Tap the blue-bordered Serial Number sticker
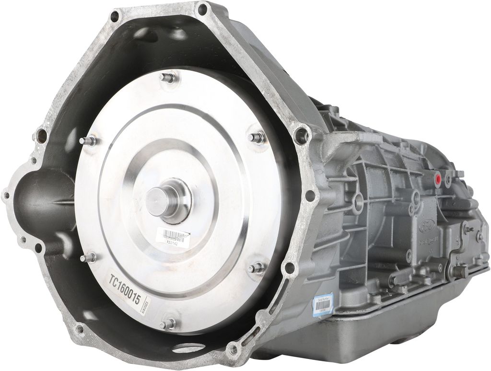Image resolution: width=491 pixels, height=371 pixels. click(323, 305)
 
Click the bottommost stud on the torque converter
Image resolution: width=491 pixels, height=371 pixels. click(169, 324)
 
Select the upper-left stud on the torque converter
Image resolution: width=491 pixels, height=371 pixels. click(90, 141)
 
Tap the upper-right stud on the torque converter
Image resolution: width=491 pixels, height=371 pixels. click(257, 138)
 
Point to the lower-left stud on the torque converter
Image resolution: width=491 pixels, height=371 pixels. click(88, 257)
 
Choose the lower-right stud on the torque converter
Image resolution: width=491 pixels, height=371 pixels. click(257, 267)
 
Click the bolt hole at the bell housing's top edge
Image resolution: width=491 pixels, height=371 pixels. click(202, 9)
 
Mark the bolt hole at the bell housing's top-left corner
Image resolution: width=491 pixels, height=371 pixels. click(115, 17)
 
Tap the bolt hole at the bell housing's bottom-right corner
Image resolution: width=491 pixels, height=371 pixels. click(233, 349)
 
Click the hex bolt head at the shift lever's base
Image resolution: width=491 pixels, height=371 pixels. click(458, 272)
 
